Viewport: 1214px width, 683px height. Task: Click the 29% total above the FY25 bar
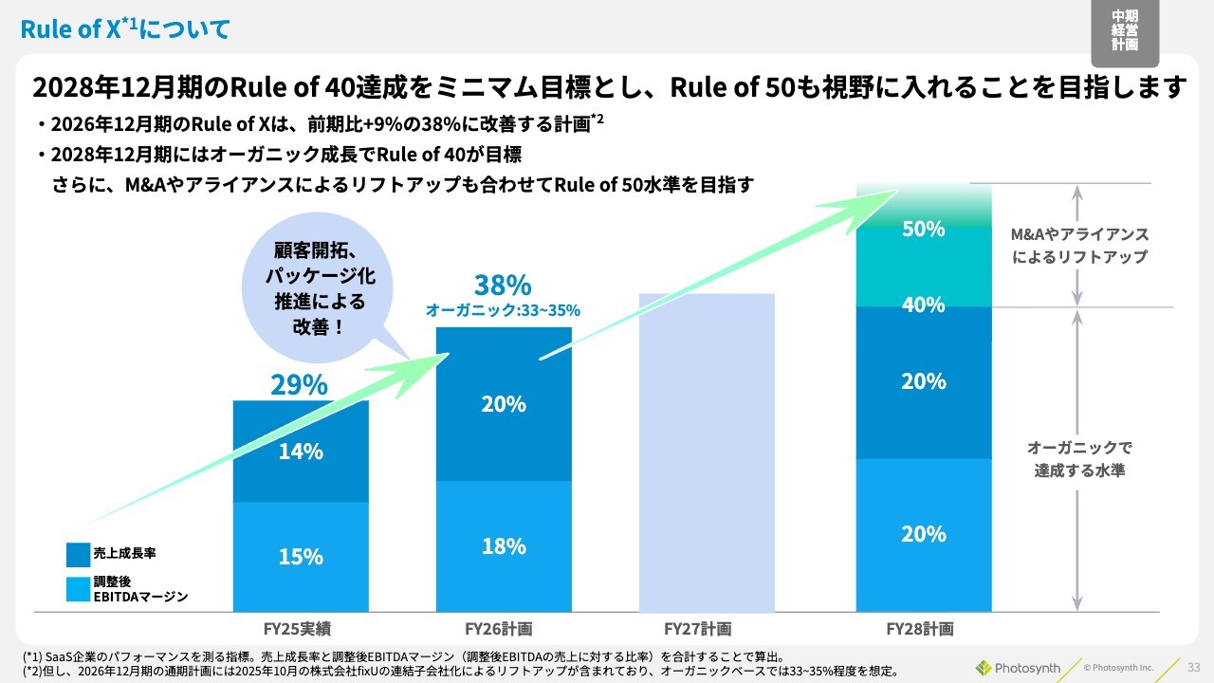pyautogui.click(x=299, y=384)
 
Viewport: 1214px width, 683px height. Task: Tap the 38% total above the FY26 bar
pyautogui.click(x=503, y=286)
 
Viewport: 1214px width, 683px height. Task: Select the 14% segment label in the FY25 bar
pyautogui.click(x=301, y=452)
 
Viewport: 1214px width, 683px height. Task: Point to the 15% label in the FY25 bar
pyautogui.click(x=301, y=557)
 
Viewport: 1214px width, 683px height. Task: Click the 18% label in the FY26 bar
pyautogui.click(x=503, y=546)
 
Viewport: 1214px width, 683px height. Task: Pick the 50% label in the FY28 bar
pyautogui.click(x=923, y=230)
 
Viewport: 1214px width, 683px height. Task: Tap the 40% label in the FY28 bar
pyautogui.click(x=923, y=305)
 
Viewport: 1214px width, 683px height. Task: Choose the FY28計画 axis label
pyautogui.click(x=920, y=629)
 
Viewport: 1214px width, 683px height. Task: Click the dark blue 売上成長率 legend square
pyautogui.click(x=78, y=554)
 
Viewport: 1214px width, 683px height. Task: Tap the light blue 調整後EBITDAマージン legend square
pyautogui.click(x=78, y=589)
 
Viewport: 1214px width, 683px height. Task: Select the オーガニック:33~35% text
pyautogui.click(x=503, y=310)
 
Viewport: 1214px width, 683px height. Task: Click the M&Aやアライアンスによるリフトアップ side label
pyautogui.click(x=1079, y=245)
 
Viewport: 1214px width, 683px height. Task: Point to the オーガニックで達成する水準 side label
pyautogui.click(x=1079, y=458)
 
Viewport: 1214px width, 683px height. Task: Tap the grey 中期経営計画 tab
pyautogui.click(x=1125, y=32)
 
